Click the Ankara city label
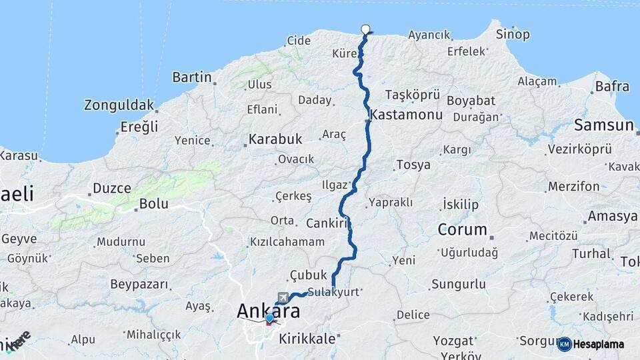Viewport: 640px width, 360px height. click(268, 311)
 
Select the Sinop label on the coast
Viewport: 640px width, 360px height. click(513, 34)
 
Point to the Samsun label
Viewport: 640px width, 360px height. click(603, 125)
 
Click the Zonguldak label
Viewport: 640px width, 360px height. click(119, 105)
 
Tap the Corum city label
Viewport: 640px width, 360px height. click(462, 229)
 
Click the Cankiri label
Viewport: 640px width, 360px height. click(327, 223)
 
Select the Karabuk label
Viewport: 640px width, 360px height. click(275, 139)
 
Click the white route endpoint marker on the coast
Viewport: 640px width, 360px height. click(365, 29)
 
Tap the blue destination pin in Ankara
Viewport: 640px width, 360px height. click(269, 319)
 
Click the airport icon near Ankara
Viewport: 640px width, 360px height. click(285, 297)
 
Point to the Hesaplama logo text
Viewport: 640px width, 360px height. click(598, 344)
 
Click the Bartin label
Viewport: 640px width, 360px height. click(191, 77)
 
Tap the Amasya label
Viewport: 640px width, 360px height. click(612, 217)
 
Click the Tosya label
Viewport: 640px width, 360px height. click(413, 165)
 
